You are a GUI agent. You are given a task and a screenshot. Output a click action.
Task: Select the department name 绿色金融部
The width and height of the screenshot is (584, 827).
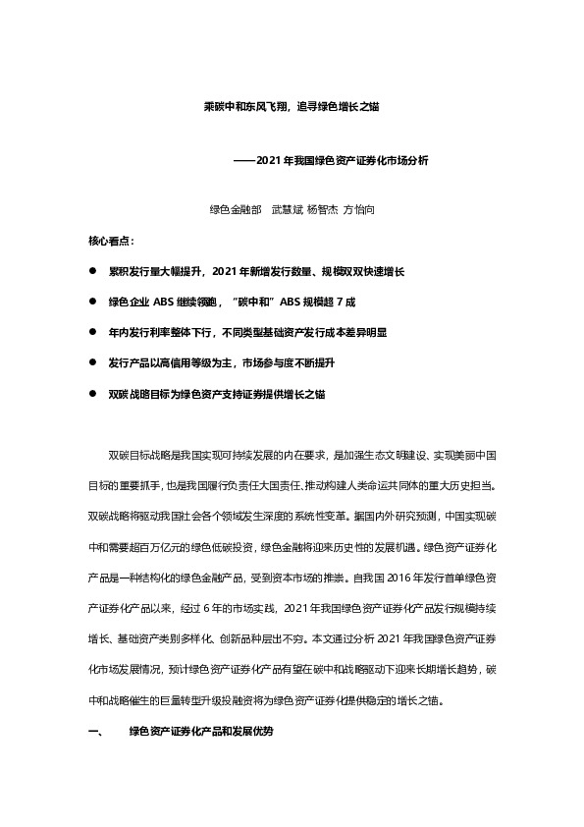236,210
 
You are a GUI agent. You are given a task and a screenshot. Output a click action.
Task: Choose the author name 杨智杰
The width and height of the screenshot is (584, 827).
324,210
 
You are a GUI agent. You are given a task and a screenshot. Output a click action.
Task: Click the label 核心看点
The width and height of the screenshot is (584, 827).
112,240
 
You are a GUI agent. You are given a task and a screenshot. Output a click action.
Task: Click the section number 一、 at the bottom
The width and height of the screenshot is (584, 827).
95,734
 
